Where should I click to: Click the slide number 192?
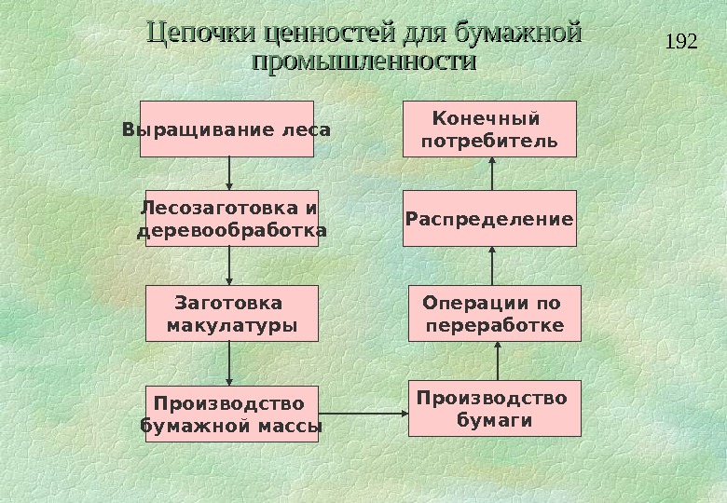[x=683, y=41]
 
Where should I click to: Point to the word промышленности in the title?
[x=363, y=62]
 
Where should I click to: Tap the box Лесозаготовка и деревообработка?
[x=231, y=218]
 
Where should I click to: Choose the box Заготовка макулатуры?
[x=230, y=314]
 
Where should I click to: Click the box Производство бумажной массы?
[x=231, y=414]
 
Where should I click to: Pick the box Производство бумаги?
[x=494, y=408]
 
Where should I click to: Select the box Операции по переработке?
[x=494, y=313]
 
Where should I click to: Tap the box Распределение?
[x=489, y=219]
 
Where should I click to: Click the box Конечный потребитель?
[x=489, y=129]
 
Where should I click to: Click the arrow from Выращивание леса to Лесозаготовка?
[x=230, y=173]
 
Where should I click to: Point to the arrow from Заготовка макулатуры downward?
[x=230, y=363]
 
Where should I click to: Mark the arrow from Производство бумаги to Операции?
[x=499, y=360]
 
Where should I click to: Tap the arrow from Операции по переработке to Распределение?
[x=494, y=265]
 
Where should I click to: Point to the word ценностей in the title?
[x=330, y=34]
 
